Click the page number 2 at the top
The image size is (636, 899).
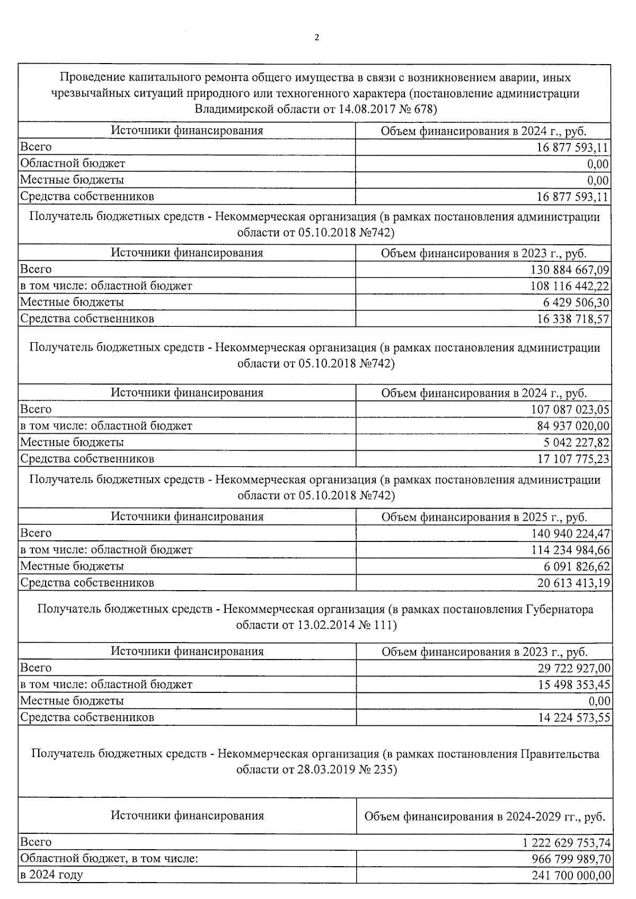317,38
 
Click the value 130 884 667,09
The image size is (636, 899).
570,270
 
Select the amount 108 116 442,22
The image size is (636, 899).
570,286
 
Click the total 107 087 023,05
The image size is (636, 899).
570,410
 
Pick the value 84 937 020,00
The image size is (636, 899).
573,426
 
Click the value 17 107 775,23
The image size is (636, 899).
573,459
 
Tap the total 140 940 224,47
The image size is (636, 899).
570,533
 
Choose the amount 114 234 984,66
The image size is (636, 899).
570,550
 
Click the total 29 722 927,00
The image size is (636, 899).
573,669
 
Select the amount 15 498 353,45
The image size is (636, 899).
573,685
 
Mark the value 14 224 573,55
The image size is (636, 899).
573,718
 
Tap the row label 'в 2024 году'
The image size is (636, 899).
51,875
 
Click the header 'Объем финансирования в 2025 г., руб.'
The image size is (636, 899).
484,517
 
